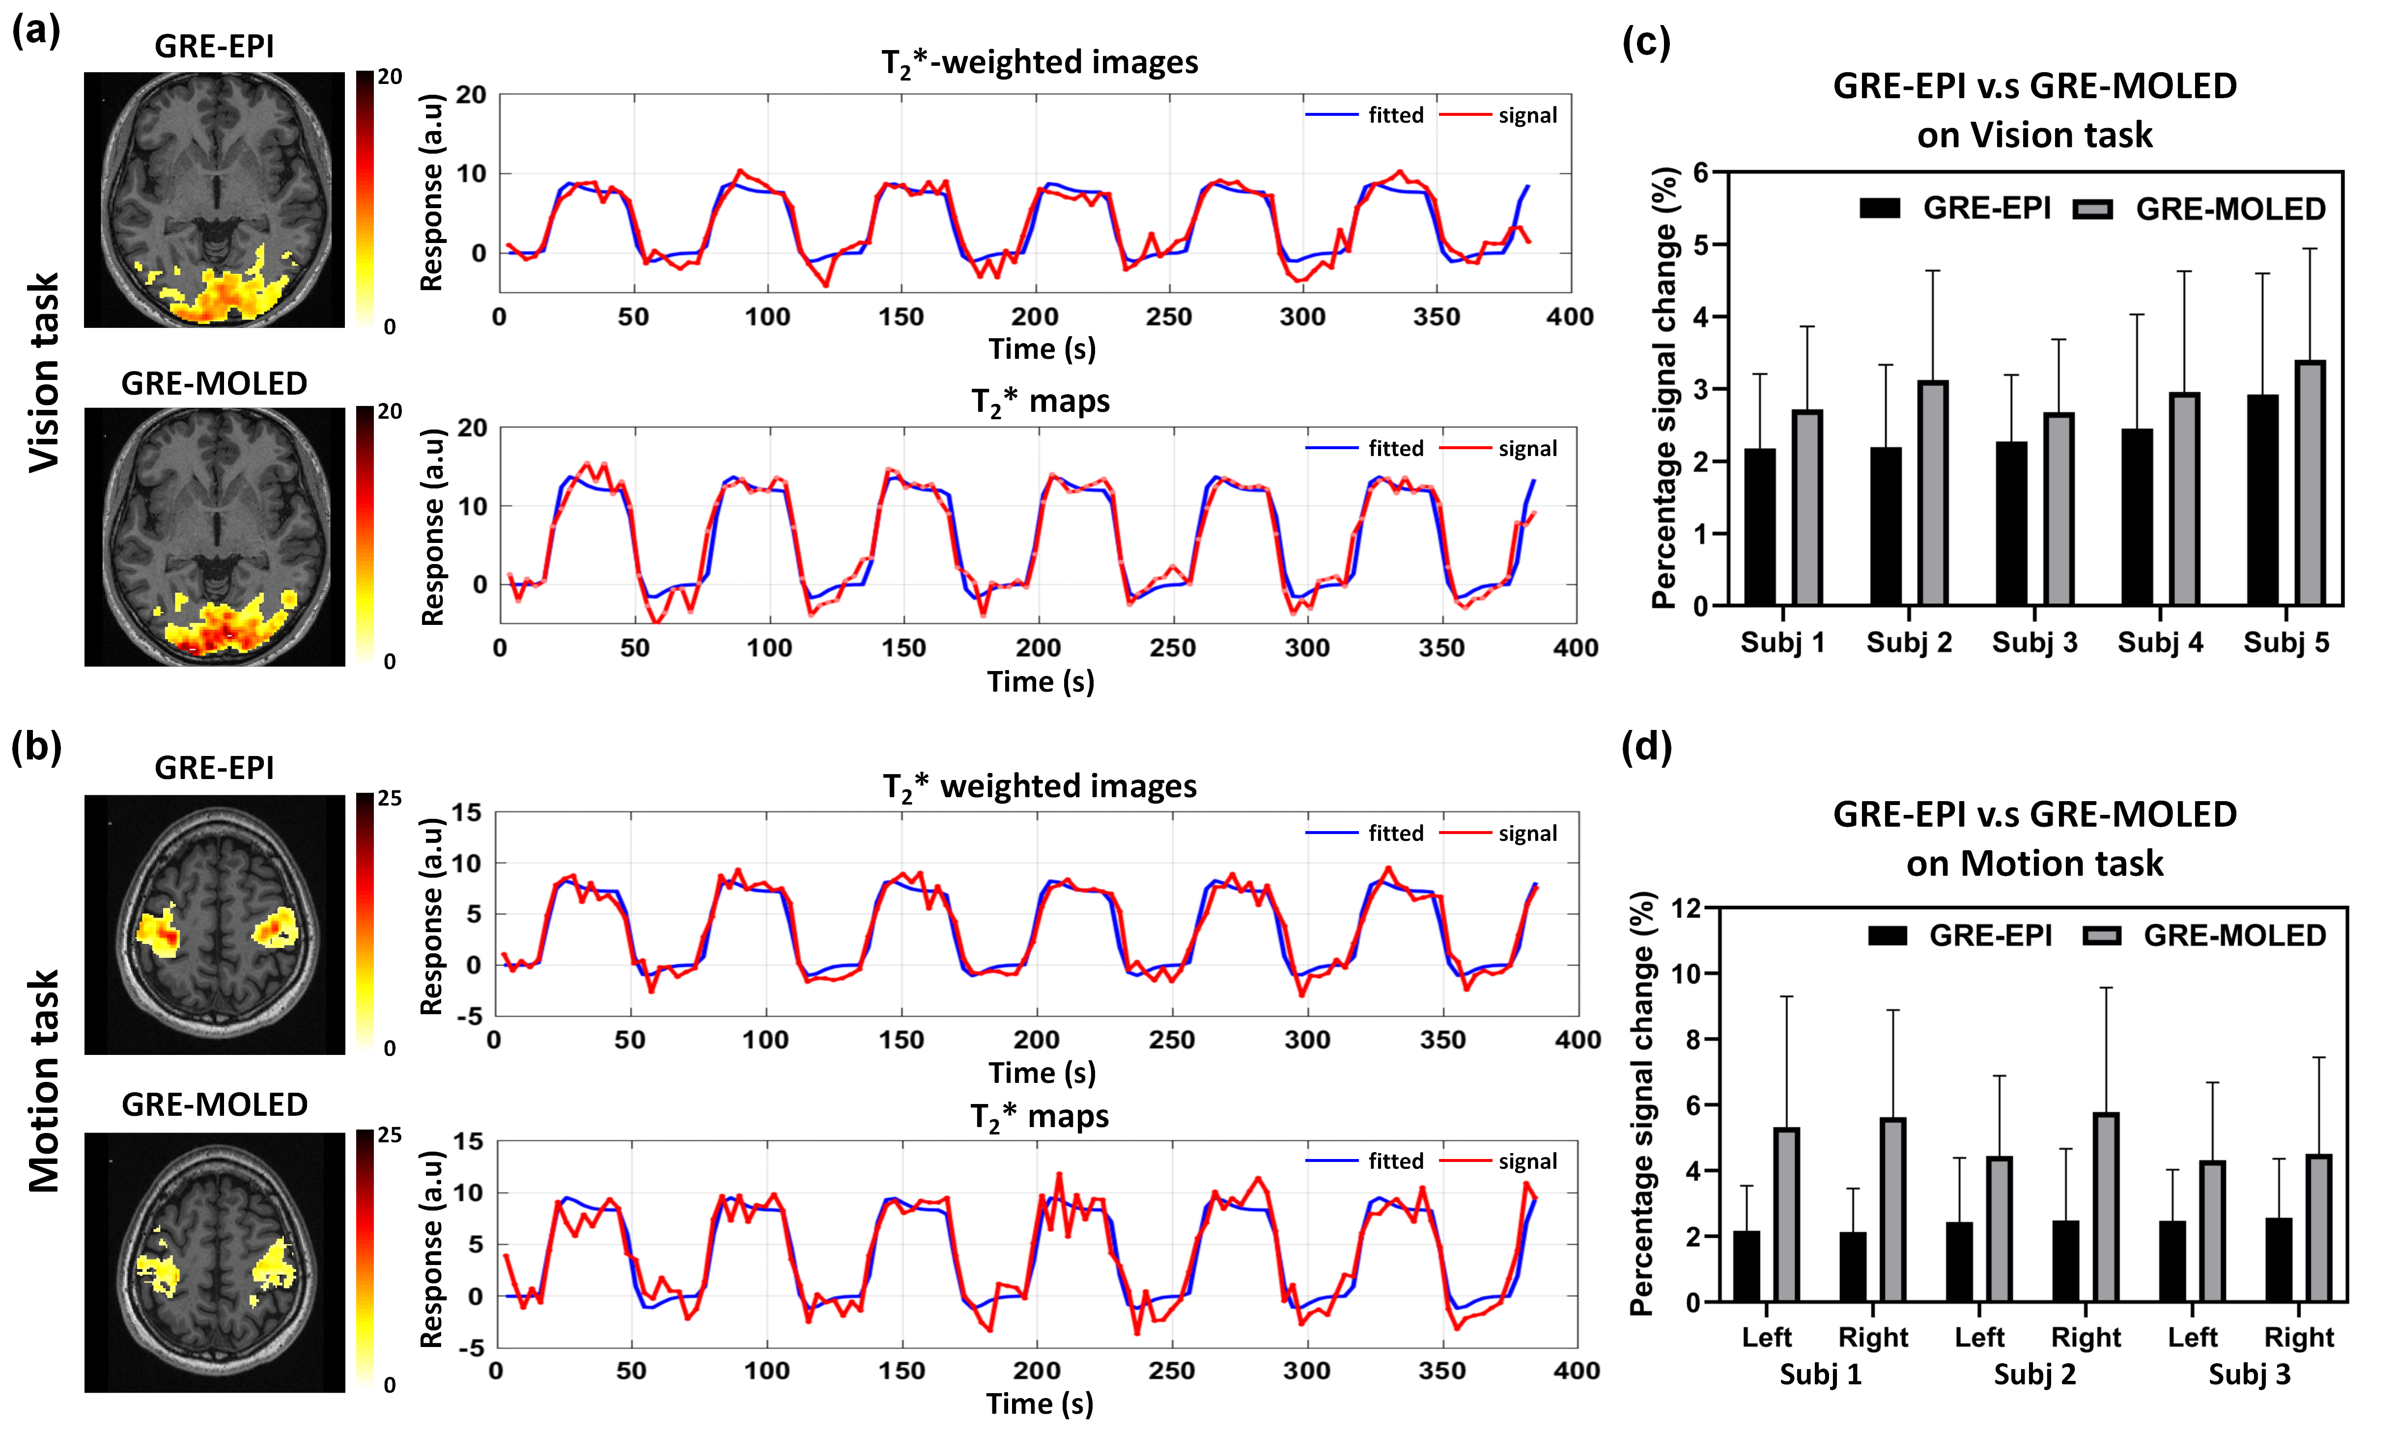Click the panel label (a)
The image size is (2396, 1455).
(x=36, y=31)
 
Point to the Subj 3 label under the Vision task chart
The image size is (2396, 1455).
(x=2034, y=643)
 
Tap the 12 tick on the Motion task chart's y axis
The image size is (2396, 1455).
(x=1687, y=909)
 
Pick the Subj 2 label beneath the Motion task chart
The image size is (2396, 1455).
(x=2034, y=1374)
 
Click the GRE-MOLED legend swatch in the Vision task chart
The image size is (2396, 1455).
(x=2092, y=209)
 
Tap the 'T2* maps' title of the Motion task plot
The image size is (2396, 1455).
(x=1039, y=1117)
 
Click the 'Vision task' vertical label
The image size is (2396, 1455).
(x=44, y=372)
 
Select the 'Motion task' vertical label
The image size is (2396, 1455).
(x=44, y=1081)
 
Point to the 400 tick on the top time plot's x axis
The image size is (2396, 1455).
(x=1570, y=317)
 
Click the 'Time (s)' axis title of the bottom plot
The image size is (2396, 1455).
(x=1039, y=1403)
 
